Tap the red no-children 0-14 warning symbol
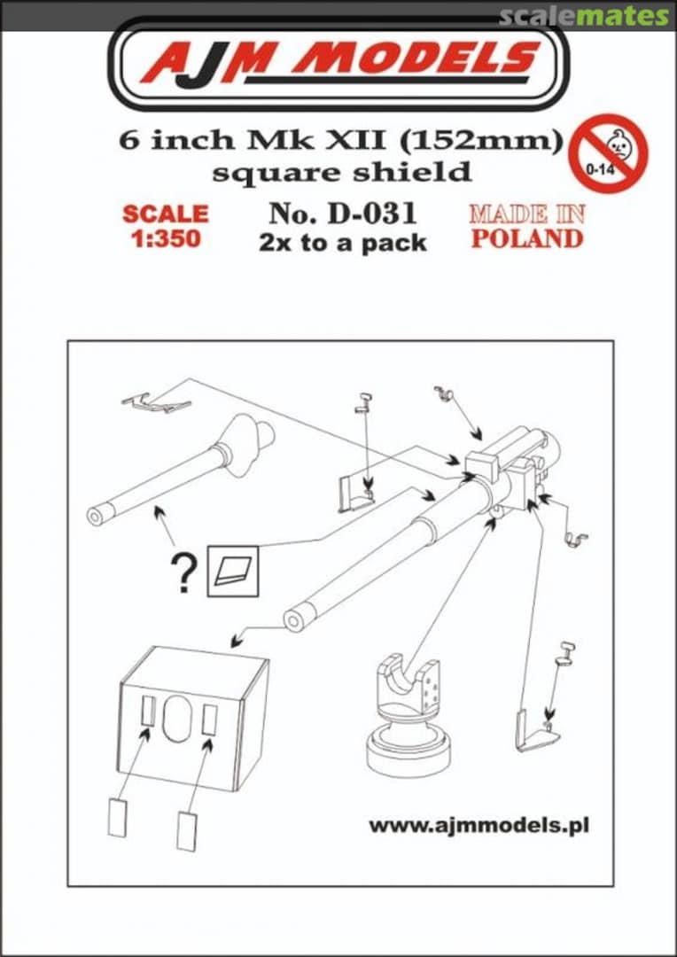click(x=608, y=152)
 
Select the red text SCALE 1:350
click(x=166, y=227)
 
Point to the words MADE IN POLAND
click(x=526, y=227)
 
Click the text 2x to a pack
click(x=342, y=243)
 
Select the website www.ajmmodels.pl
click(x=479, y=825)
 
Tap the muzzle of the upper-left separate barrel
click(x=95, y=516)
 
